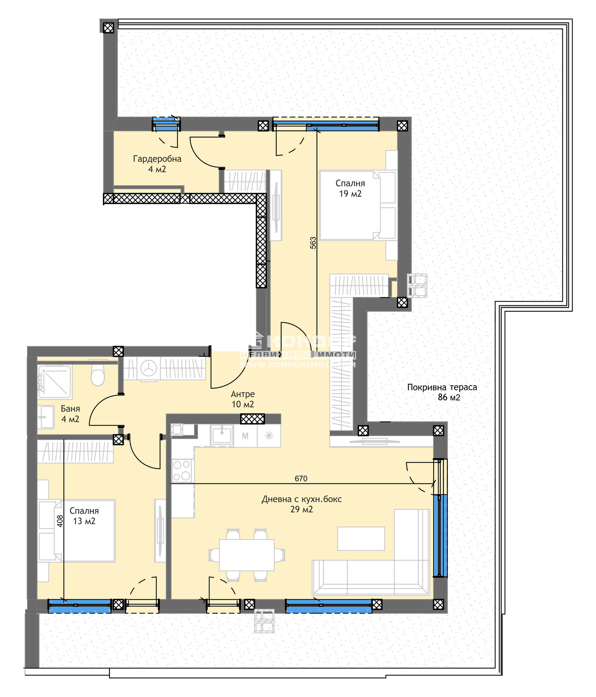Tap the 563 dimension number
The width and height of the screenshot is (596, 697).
pos(313,243)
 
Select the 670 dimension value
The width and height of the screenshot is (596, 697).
pos(301,479)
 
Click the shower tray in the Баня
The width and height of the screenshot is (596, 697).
pos(54,381)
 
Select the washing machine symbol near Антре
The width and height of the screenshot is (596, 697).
pos(149,368)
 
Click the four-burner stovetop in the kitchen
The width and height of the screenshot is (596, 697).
pos(181,470)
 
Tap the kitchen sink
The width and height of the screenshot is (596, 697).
pos(222,435)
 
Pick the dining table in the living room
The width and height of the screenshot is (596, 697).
pos(247,555)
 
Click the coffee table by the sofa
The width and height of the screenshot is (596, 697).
pos(361,539)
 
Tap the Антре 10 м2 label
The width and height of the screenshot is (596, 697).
pos(242,399)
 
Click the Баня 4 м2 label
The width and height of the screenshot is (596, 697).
pos(70,414)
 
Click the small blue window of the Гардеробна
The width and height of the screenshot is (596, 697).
pos(166,124)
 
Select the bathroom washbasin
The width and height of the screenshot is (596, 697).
pos(46,417)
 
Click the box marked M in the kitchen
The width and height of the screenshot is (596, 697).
pos(245,436)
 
